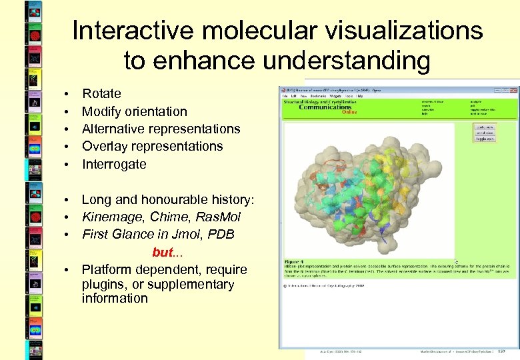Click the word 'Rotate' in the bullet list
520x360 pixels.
pyautogui.click(x=101, y=94)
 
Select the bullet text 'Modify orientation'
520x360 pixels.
pyautogui.click(x=134, y=111)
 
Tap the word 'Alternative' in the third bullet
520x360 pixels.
pyautogui.click(x=114, y=129)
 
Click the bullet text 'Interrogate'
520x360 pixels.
pyautogui.click(x=114, y=164)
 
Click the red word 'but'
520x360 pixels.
pyautogui.click(x=163, y=252)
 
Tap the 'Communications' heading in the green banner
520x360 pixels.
pyautogui.click(x=325, y=107)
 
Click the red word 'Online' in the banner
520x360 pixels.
pyautogui.click(x=349, y=112)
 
